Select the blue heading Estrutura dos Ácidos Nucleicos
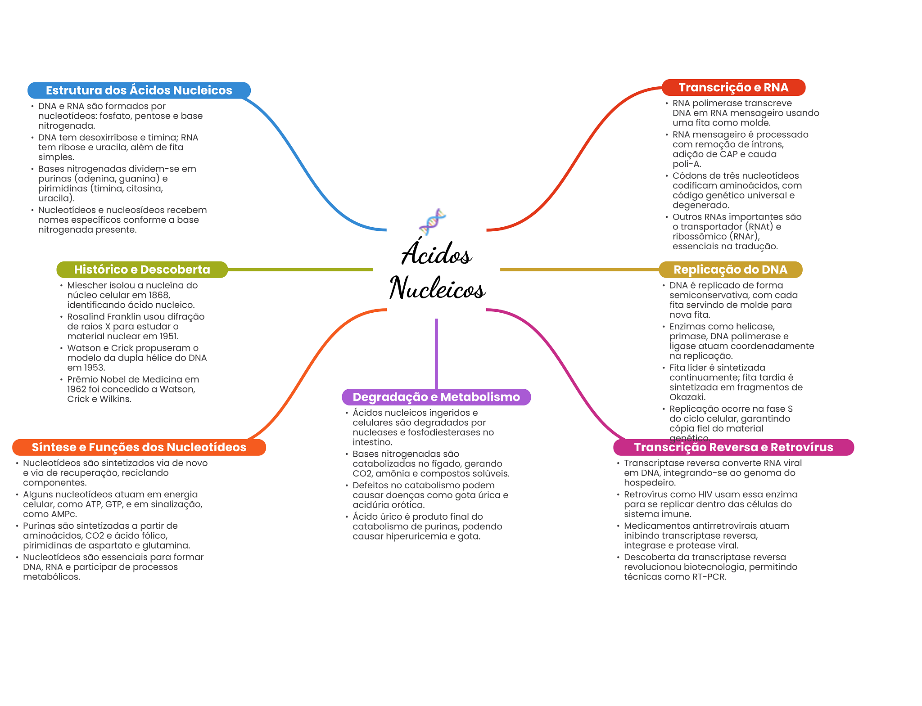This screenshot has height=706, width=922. pyautogui.click(x=139, y=90)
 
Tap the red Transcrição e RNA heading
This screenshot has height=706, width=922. pyautogui.click(x=733, y=87)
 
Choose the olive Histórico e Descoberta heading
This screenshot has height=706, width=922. pyautogui.click(x=142, y=270)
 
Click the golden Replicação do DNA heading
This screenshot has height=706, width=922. pyautogui.click(x=730, y=270)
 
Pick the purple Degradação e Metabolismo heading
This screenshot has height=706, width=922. pyautogui.click(x=436, y=397)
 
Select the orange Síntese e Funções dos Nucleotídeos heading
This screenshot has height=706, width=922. pyautogui.click(x=139, y=447)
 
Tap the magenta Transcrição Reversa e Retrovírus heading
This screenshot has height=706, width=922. pyautogui.click(x=733, y=447)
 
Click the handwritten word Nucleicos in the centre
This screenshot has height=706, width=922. pyautogui.click(x=438, y=288)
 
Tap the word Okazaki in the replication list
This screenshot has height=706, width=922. pyautogui.click(x=687, y=397)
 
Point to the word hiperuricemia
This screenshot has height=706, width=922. pyautogui.click(x=419, y=536)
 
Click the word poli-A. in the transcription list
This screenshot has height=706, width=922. pyautogui.click(x=687, y=164)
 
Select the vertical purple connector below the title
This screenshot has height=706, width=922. pyautogui.click(x=436, y=353)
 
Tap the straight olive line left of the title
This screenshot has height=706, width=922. pyautogui.click(x=300, y=270)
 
